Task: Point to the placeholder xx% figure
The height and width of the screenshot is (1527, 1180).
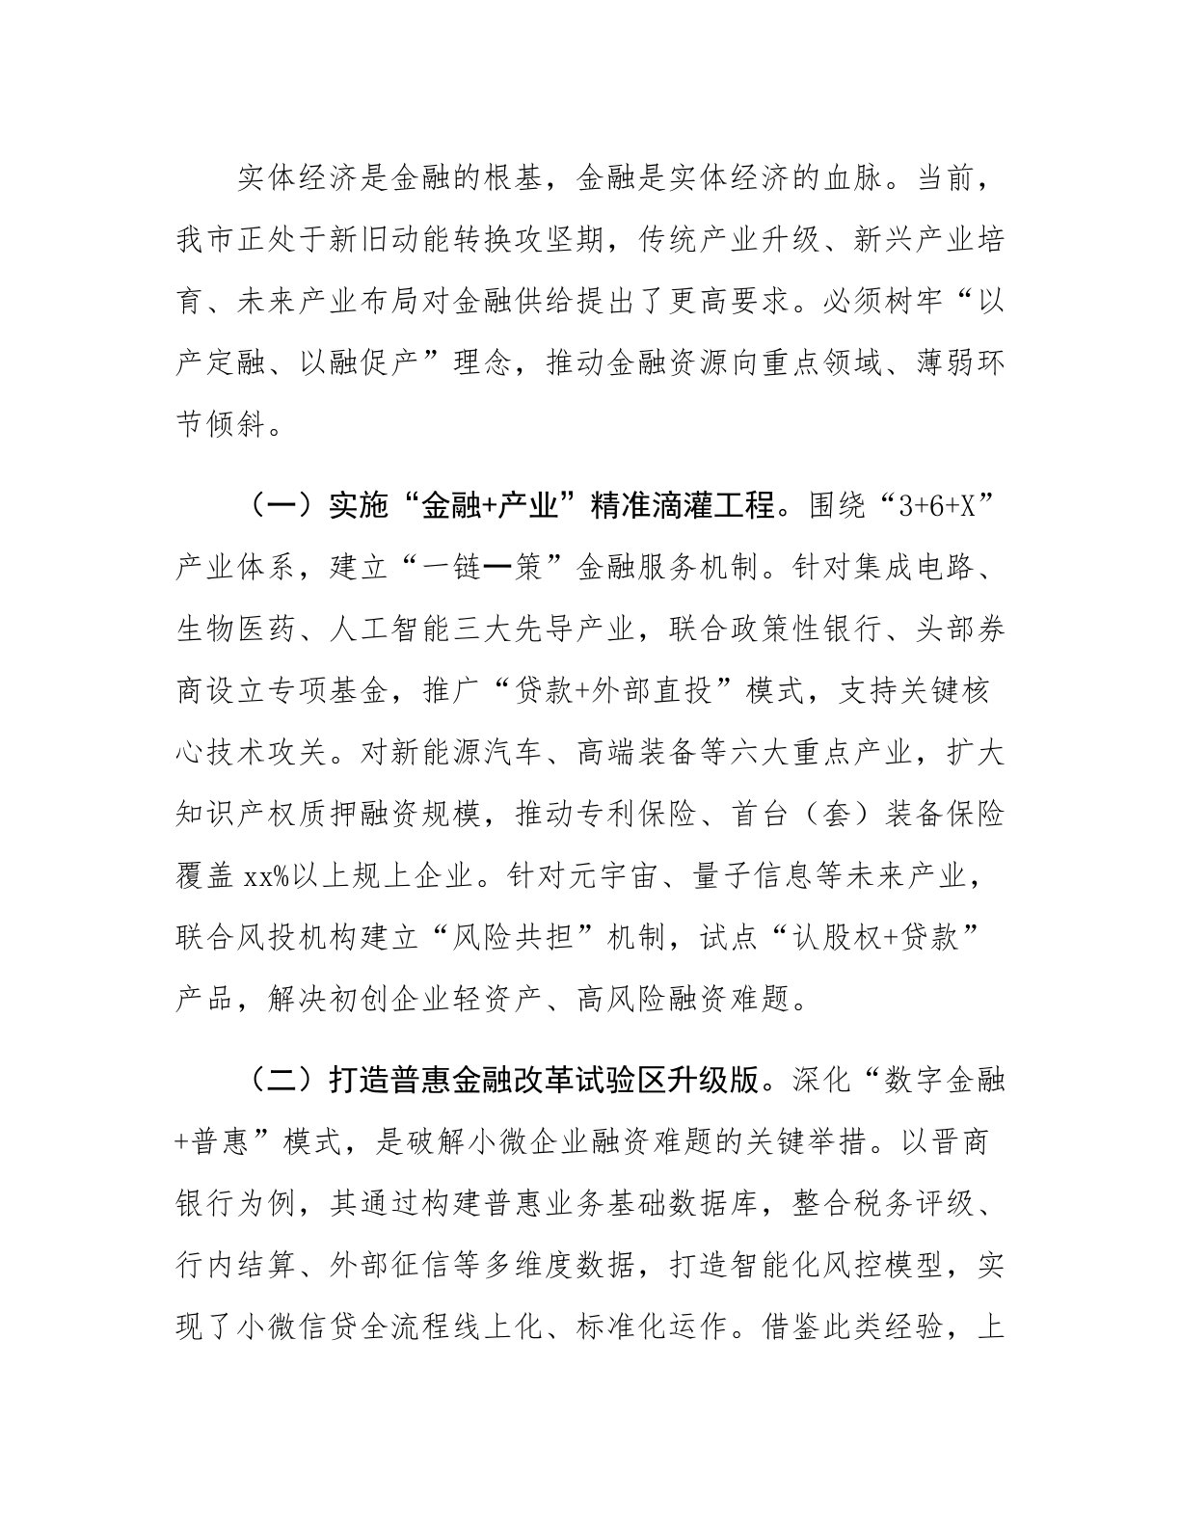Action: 265,875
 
